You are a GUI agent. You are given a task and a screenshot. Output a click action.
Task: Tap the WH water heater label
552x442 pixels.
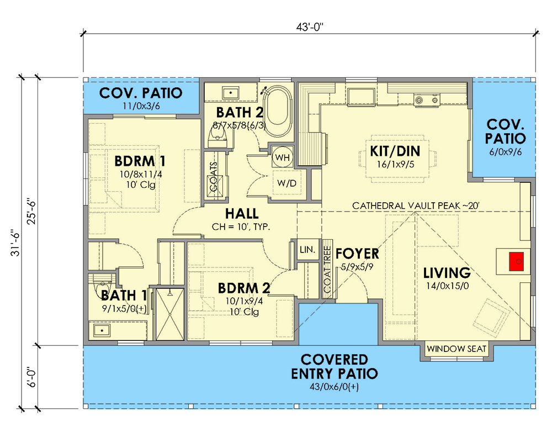coord(283,157)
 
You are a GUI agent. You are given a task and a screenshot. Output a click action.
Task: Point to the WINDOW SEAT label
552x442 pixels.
coord(457,349)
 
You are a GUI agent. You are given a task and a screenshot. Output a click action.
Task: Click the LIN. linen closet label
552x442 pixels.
coord(307,250)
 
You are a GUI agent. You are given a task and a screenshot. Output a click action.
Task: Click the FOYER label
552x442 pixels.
coord(357,254)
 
